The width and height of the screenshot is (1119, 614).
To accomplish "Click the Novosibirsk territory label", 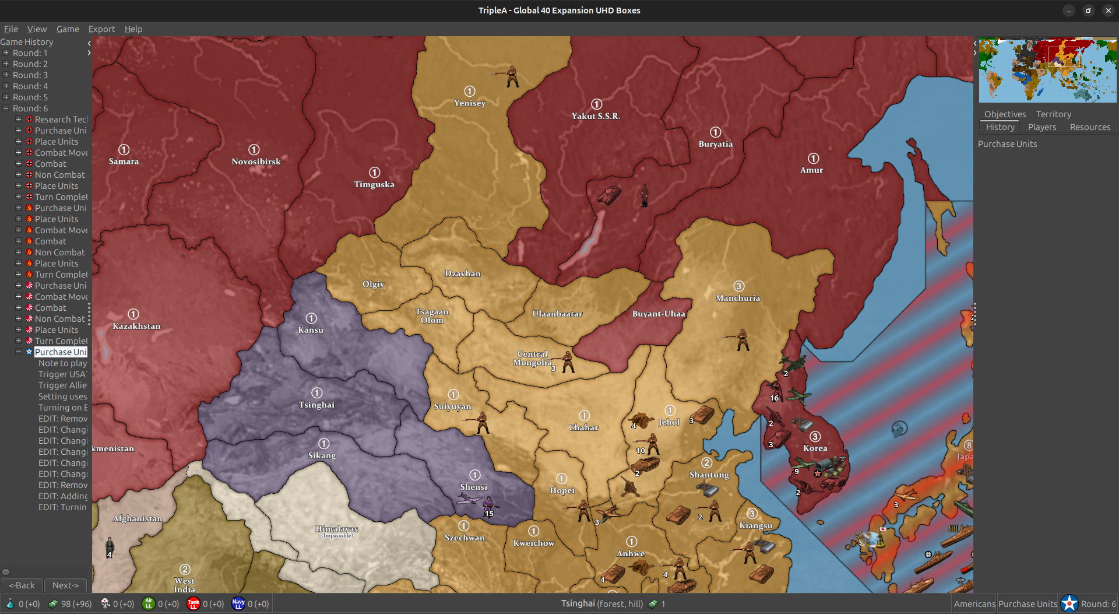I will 256,162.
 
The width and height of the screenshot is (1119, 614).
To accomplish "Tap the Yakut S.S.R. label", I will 596,116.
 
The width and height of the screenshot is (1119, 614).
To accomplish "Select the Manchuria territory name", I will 738,298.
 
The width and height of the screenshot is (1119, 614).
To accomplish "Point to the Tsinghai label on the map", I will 316,405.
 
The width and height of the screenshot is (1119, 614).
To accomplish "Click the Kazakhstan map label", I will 136,326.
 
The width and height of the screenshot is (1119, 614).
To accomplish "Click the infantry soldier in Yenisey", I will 512,76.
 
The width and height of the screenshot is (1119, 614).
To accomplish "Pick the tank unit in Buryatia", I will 609,195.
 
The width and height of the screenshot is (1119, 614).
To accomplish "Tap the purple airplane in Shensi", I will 470,499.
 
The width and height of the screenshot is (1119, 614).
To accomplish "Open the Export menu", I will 101,29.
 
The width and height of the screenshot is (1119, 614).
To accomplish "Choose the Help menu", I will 133,29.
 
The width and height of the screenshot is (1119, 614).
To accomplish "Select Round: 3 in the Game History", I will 30,75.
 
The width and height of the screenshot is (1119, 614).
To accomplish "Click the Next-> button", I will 65,585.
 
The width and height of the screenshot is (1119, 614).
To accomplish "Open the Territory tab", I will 1053,114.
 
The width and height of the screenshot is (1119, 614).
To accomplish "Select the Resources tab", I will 1090,127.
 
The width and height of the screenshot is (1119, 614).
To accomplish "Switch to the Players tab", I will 1041,127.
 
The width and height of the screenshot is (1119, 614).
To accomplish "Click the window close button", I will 1108,10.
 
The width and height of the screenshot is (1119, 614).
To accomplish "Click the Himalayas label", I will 337,529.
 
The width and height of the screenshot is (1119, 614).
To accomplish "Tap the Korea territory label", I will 815,448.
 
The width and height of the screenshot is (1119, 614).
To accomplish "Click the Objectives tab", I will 1005,114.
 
